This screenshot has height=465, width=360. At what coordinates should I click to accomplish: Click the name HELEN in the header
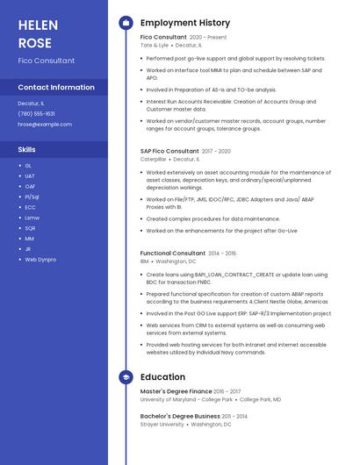tap(38, 25)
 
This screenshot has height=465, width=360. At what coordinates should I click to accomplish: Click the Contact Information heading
tap(56, 88)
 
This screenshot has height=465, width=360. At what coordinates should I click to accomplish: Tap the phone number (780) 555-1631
tap(36, 113)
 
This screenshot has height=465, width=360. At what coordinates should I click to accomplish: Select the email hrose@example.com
tap(45, 125)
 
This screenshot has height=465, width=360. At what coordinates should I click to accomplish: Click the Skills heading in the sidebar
tap(27, 149)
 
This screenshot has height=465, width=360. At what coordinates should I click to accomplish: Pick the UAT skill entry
tap(30, 175)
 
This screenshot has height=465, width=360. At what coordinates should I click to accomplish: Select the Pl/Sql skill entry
tap(32, 197)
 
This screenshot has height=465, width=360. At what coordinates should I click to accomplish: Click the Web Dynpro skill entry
tap(40, 260)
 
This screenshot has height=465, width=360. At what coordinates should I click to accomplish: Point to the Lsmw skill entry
tap(32, 218)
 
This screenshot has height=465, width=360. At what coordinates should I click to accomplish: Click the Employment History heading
tap(185, 23)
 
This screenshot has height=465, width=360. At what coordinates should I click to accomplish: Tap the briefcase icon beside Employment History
tap(126, 23)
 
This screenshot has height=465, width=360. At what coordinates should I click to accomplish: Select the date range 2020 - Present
tap(208, 38)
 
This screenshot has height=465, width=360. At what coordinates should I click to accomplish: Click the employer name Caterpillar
tap(154, 159)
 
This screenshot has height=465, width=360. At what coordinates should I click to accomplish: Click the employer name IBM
tap(145, 261)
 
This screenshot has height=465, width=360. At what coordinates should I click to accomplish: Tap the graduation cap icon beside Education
tap(126, 376)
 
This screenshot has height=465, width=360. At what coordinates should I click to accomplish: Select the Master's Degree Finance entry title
tap(176, 391)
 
